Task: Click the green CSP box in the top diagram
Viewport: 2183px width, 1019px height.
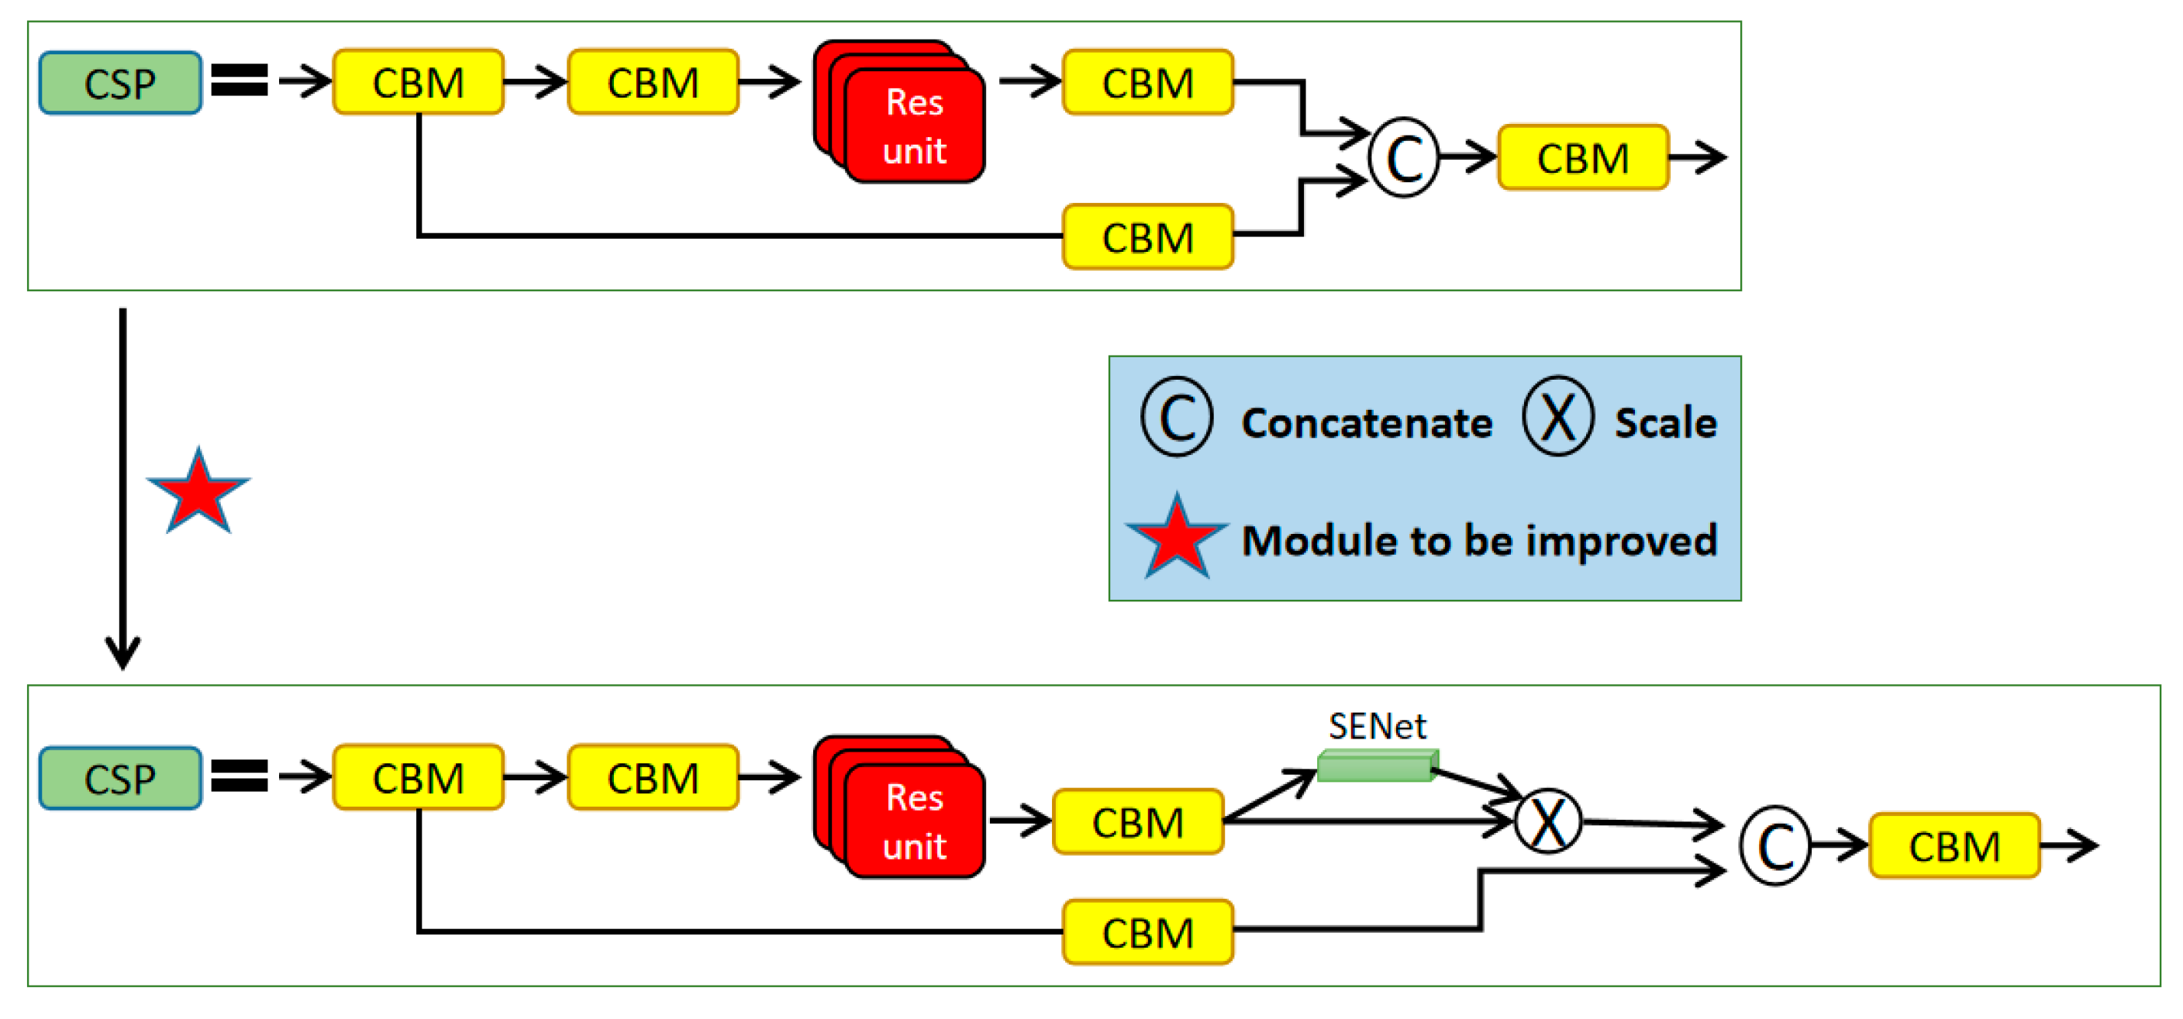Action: point(120,83)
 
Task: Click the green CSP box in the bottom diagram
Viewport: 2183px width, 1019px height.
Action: point(120,777)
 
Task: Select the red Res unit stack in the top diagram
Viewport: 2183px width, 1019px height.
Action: point(899,111)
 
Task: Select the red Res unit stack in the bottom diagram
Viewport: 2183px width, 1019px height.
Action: point(899,807)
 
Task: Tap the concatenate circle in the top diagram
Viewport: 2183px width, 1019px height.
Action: point(1404,157)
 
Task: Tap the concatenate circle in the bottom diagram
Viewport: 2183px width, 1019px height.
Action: point(1774,845)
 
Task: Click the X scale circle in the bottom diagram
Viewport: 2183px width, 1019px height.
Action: point(1548,821)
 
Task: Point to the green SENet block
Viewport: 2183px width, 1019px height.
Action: point(1378,765)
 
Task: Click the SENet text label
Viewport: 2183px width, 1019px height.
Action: point(1377,726)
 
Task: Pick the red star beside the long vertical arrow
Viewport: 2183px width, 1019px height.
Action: point(198,491)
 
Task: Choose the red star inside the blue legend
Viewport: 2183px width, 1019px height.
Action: point(1177,537)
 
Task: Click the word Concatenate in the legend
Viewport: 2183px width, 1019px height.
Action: point(1367,422)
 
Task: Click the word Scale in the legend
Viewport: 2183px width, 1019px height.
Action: point(1665,422)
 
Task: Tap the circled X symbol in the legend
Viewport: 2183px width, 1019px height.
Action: point(1557,416)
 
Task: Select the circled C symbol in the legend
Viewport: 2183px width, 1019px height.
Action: point(1177,416)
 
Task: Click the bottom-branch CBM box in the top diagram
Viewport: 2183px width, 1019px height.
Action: point(1148,236)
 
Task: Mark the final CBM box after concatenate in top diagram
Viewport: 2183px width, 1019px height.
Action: point(1583,157)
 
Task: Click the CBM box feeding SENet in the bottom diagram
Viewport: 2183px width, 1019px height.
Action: point(1138,821)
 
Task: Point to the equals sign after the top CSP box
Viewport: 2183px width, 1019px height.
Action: point(240,81)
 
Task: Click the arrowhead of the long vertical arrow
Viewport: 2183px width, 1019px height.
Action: point(123,667)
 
